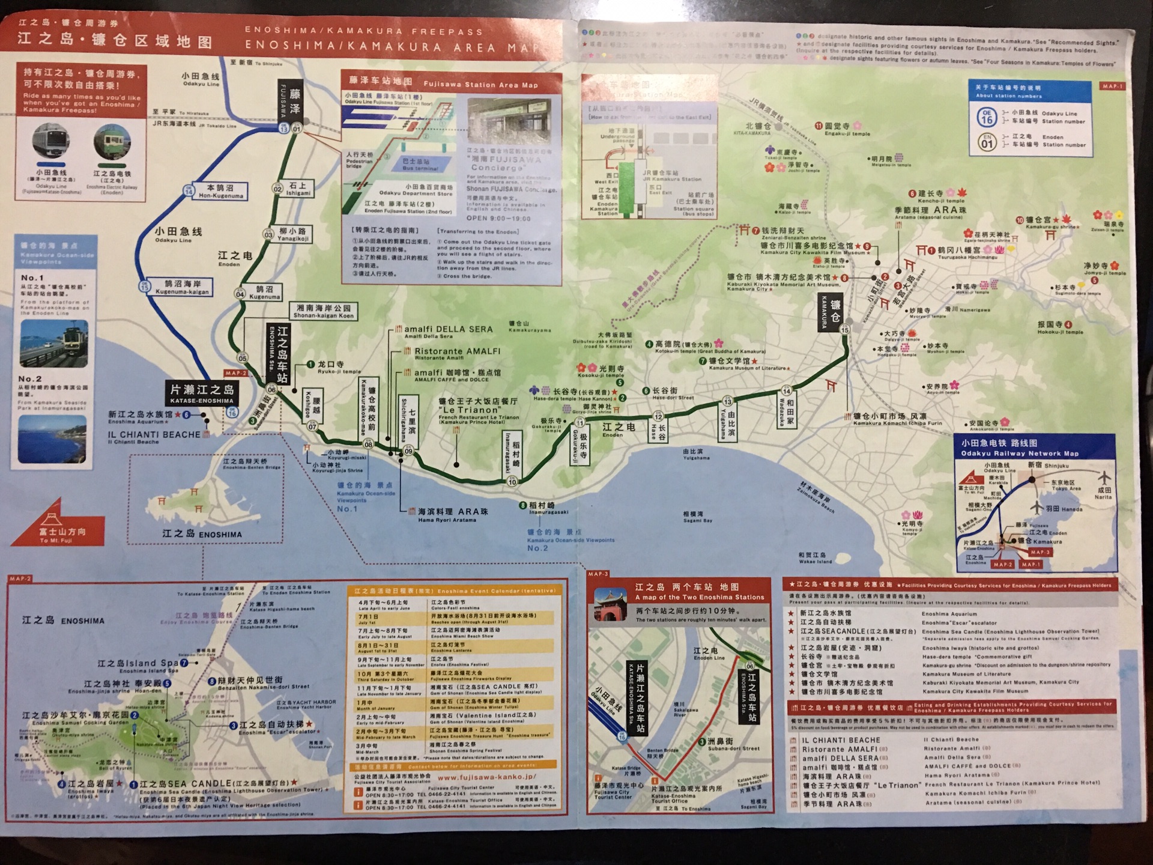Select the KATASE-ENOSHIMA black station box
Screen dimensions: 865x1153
[202, 393]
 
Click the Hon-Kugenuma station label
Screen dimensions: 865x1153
[220, 191]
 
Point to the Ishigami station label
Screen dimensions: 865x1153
[298, 189]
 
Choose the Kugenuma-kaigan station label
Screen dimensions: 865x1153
[182, 287]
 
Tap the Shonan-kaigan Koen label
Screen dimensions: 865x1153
[323, 311]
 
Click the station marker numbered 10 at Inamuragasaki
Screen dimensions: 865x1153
[512, 481]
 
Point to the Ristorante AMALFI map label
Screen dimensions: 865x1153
[457, 352]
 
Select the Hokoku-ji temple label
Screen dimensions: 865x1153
[1059, 327]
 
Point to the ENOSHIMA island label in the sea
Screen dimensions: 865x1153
[202, 534]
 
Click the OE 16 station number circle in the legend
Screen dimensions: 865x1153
[987, 117]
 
